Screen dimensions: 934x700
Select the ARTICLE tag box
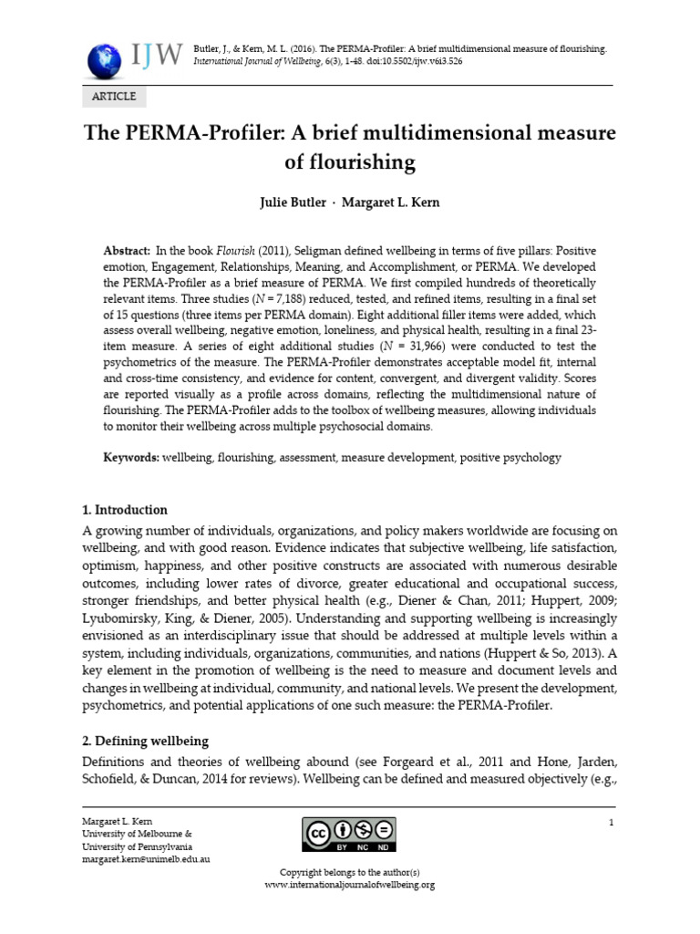coord(114,97)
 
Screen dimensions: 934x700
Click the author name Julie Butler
coord(293,202)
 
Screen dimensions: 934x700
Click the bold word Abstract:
coord(127,250)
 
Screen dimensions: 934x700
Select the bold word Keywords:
coord(131,458)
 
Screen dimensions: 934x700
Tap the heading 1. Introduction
coord(125,510)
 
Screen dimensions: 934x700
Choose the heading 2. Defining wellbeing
coord(146,741)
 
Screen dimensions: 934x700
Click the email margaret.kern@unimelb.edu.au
coord(146,859)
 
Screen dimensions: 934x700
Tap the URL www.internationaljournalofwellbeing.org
coord(350,885)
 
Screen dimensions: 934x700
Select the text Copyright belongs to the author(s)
coord(350,874)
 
